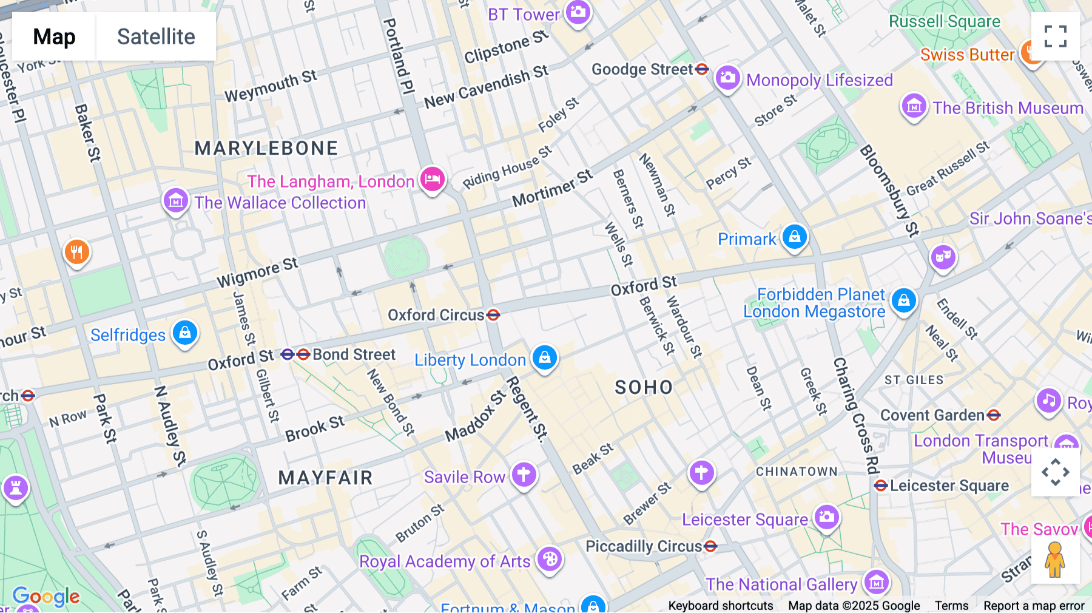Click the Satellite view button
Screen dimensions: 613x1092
point(156,37)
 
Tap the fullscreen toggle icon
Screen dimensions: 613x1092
point(1055,36)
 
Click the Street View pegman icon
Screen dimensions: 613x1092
point(1055,560)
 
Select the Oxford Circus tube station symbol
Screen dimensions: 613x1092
point(493,315)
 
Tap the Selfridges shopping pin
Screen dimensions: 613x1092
point(185,333)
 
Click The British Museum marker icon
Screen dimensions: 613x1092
point(914,106)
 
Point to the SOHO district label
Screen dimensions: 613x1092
point(644,387)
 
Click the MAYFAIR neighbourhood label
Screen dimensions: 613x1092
point(325,478)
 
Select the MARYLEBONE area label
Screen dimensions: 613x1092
point(266,148)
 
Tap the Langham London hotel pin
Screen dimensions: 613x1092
point(433,179)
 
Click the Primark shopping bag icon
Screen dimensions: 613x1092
point(794,237)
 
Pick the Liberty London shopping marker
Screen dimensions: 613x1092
point(544,357)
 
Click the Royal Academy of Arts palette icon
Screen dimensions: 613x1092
point(550,559)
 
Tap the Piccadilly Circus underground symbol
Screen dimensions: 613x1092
point(710,546)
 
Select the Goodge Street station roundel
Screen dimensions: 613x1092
point(702,69)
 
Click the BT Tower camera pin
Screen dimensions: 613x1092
point(578,12)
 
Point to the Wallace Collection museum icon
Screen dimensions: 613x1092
point(176,200)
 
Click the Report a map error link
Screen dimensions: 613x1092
point(1034,606)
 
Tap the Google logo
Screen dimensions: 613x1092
point(46,597)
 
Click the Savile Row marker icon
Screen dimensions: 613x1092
point(524,475)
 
